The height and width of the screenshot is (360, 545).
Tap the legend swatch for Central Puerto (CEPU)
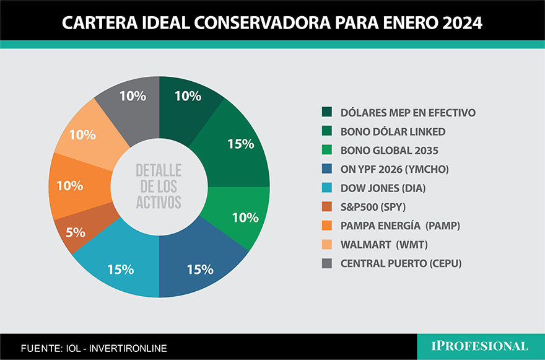(326, 263)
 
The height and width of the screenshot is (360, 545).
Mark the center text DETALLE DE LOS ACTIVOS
(159, 187)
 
